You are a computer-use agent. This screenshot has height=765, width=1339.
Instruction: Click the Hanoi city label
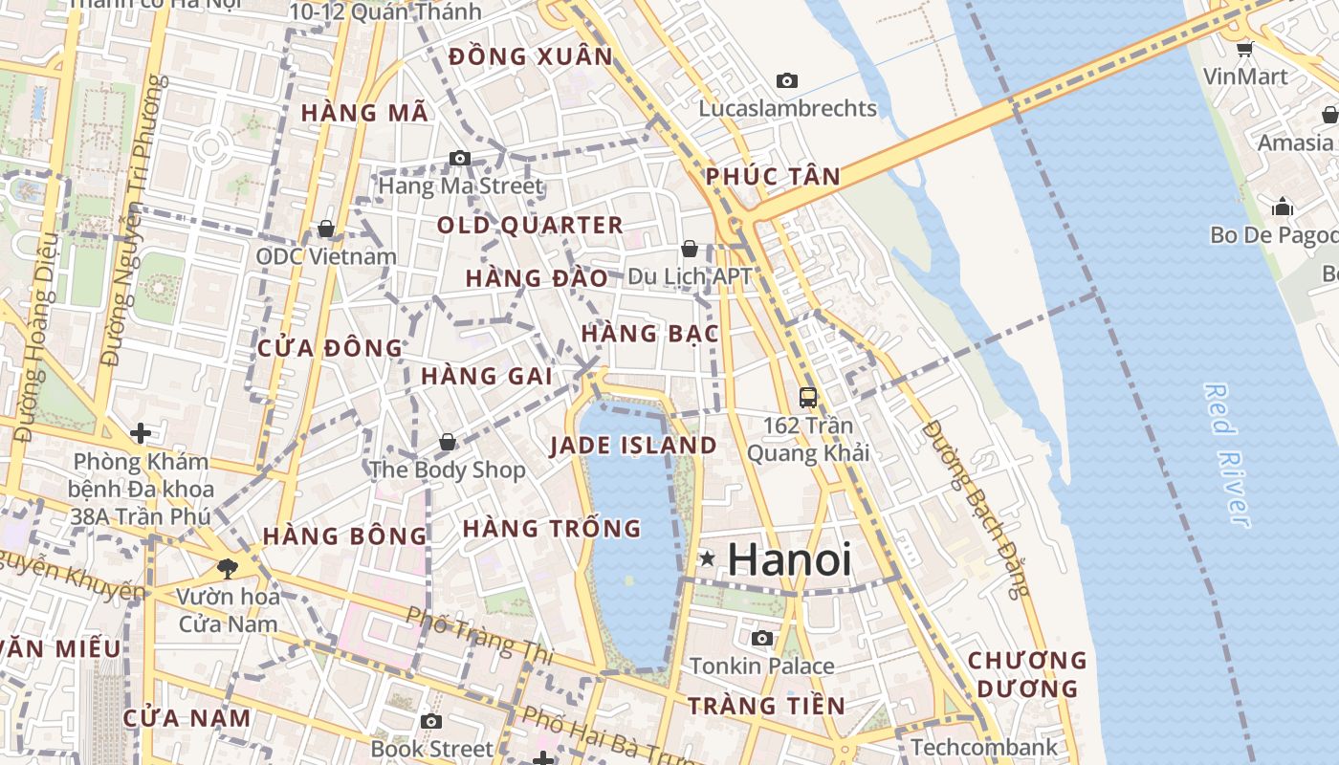click(789, 559)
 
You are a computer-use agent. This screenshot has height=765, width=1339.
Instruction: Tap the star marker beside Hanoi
click(707, 557)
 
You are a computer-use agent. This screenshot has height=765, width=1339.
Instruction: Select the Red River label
click(1227, 454)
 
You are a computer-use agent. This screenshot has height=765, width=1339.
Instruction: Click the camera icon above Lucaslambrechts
click(787, 80)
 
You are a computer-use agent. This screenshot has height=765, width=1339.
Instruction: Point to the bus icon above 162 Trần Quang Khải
click(808, 397)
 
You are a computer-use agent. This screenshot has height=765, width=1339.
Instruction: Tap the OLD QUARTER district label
click(530, 226)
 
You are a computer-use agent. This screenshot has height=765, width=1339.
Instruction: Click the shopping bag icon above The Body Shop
click(447, 442)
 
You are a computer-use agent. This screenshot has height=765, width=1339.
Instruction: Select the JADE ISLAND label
click(633, 446)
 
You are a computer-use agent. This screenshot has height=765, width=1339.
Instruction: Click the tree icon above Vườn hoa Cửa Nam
click(228, 569)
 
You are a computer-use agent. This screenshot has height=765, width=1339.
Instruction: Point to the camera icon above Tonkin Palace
click(762, 638)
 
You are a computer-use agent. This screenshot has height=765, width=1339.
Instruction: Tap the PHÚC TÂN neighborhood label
click(773, 176)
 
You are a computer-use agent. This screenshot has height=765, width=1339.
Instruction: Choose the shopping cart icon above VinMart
click(1244, 49)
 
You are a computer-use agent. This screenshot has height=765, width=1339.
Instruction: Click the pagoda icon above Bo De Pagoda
click(1283, 207)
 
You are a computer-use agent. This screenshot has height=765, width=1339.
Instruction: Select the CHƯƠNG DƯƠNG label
click(1027, 674)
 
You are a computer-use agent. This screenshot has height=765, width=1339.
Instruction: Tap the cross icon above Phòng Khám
click(141, 433)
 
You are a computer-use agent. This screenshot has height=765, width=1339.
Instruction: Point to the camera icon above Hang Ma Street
click(460, 158)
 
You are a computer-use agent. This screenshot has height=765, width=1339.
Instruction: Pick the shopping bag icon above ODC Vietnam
click(326, 229)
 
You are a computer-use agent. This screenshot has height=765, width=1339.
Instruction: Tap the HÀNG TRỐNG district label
click(551, 528)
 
